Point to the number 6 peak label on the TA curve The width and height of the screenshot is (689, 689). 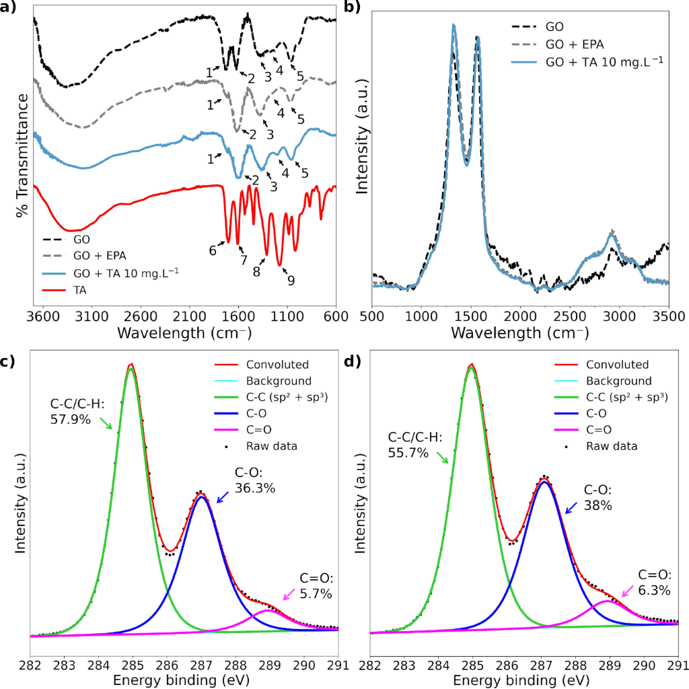(x=213, y=250)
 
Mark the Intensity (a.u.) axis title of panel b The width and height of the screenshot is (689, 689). (x=363, y=155)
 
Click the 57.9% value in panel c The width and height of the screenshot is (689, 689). (x=71, y=419)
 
